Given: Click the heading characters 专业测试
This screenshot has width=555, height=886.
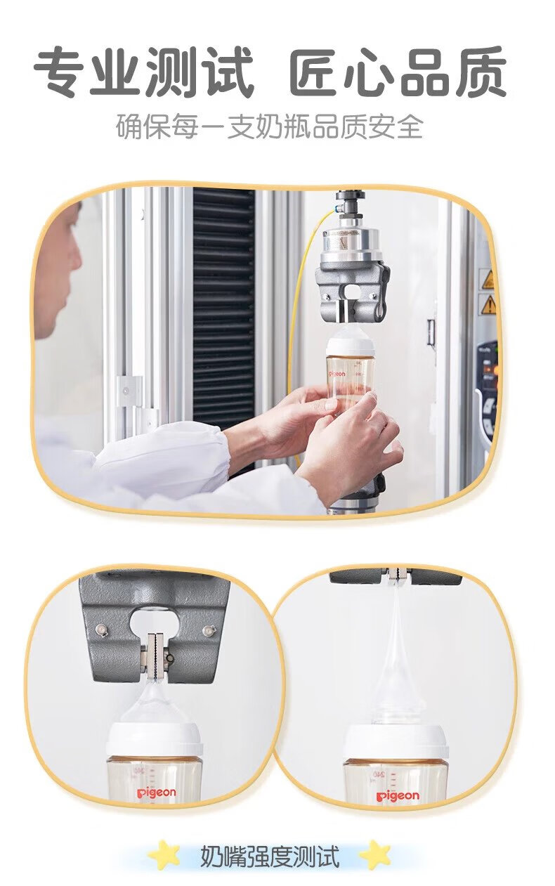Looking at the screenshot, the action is point(143,72).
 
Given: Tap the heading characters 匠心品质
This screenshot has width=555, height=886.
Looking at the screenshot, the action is point(397,72).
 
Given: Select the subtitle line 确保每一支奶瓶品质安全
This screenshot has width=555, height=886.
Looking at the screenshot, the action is point(269,126).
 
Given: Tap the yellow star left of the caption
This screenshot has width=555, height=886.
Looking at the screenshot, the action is point(164,852).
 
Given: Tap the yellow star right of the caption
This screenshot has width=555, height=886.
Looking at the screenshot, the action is point(376,852).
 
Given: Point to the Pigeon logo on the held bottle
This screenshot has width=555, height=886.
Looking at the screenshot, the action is point(337,373).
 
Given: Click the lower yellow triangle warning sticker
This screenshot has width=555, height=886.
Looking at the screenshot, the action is point(490,304).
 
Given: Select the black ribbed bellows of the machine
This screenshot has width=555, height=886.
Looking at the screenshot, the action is point(223,308).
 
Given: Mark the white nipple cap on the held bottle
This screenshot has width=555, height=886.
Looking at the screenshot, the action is point(351,344).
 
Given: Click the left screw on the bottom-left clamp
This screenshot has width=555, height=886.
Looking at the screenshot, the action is point(101,629).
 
